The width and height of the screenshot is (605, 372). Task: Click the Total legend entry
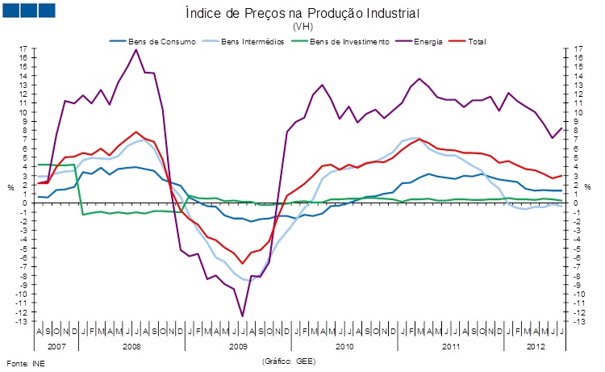[x=476, y=40]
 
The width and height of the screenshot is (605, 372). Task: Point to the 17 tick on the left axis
[x=24, y=49]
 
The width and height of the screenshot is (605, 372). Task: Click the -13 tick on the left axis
[x=23, y=321]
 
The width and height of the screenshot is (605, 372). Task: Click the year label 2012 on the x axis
[x=533, y=346]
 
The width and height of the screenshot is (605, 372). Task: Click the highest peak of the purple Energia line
[x=136, y=50]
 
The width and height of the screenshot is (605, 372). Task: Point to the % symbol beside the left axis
[x=10, y=188]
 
